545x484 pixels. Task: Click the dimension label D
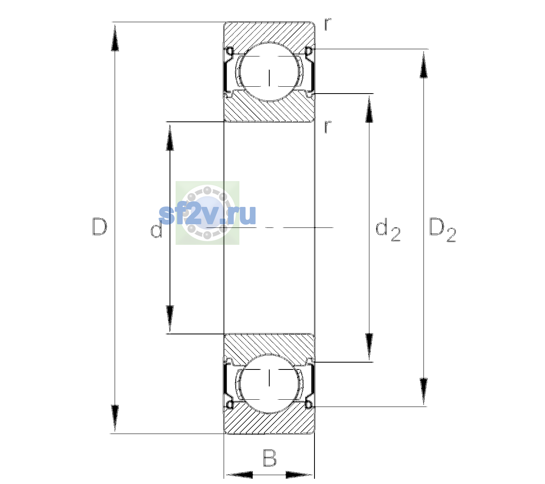[100, 227]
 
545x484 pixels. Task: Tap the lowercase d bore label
[156, 229]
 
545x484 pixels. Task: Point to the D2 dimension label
[442, 230]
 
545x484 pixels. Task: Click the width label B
[270, 458]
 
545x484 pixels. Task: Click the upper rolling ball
[269, 72]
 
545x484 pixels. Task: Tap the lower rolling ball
[269, 384]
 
